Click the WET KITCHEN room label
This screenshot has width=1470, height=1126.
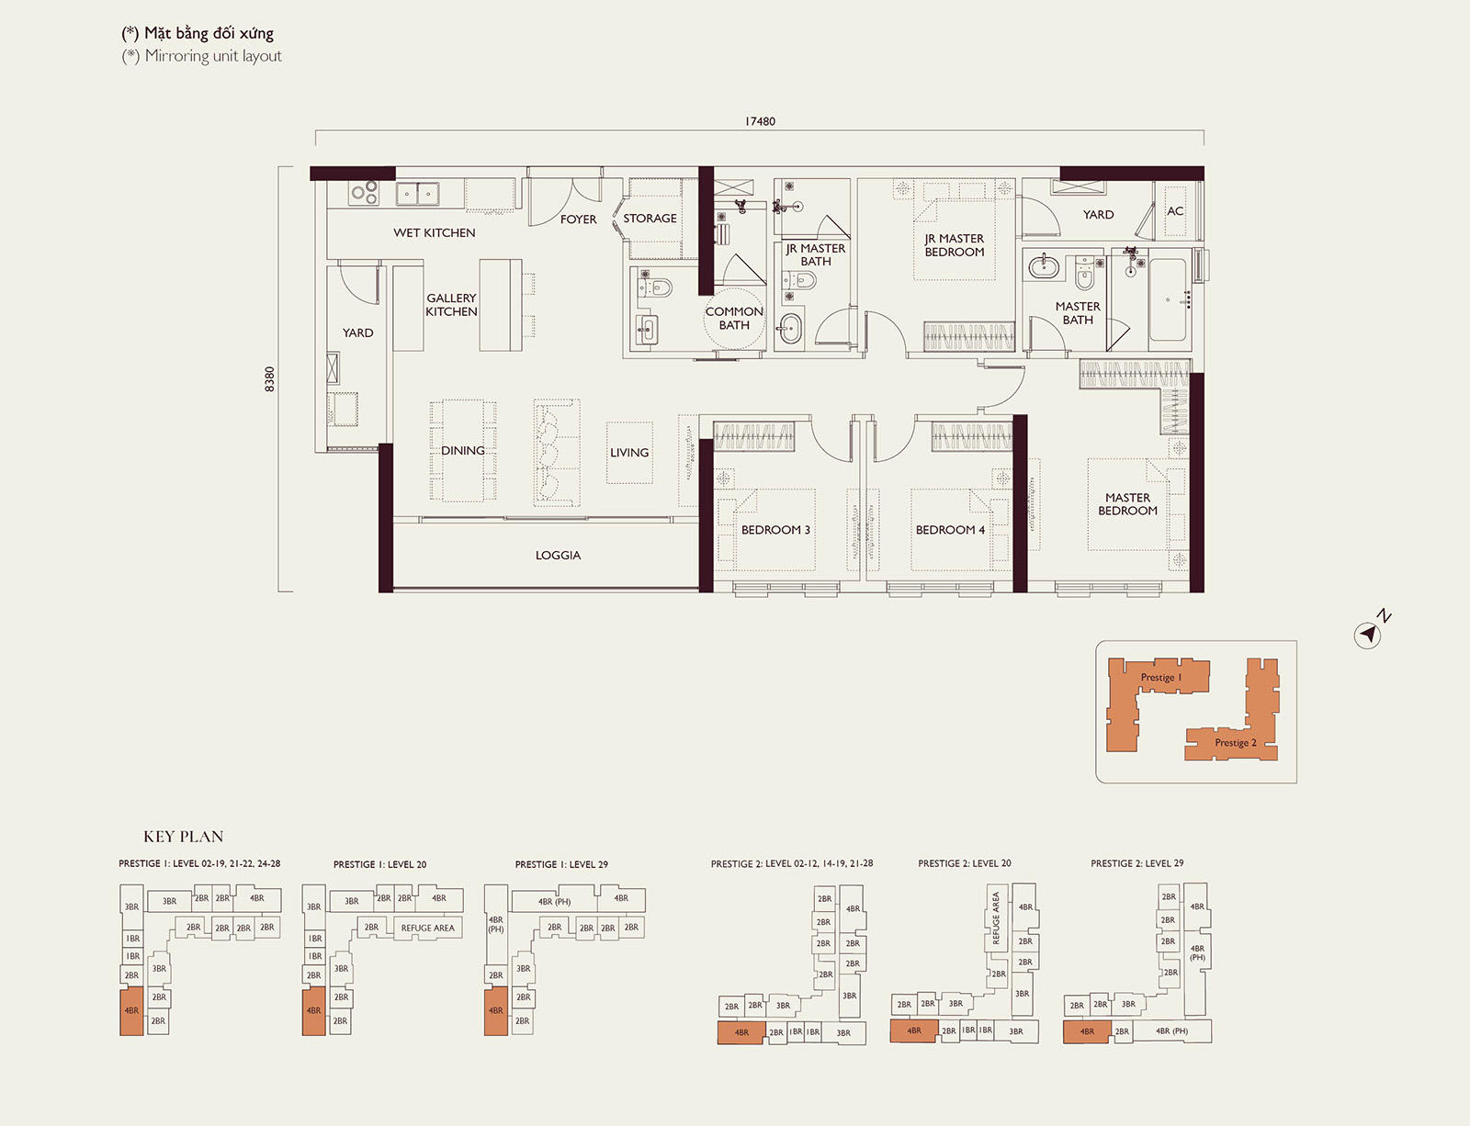click(x=435, y=232)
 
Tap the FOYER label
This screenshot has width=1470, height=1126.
click(x=579, y=220)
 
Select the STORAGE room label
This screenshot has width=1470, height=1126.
click(x=650, y=218)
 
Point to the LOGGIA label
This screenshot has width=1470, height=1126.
click(x=558, y=556)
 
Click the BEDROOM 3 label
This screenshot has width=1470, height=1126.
click(x=775, y=530)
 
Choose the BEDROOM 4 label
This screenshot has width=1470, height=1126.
click(x=950, y=530)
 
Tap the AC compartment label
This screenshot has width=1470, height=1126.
click(x=1175, y=211)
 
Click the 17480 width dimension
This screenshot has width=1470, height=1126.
click(x=760, y=122)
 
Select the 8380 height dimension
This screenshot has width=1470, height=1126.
click(x=270, y=379)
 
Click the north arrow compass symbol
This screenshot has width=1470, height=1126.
click(x=1369, y=634)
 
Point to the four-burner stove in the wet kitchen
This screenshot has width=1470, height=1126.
click(x=364, y=193)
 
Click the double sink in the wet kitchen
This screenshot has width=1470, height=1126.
click(x=417, y=194)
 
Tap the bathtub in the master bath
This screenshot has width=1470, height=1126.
click(x=1169, y=299)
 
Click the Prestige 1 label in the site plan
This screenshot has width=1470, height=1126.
click(x=1161, y=677)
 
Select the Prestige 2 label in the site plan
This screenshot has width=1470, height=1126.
click(x=1236, y=742)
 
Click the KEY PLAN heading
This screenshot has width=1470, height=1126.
click(x=184, y=837)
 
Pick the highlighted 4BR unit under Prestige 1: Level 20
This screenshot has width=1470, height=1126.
click(x=314, y=1011)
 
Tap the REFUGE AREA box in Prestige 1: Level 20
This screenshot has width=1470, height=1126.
click(x=427, y=928)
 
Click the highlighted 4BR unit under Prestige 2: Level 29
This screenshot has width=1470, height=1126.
click(x=1087, y=1031)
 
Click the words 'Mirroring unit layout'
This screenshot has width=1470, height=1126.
click(x=213, y=56)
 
